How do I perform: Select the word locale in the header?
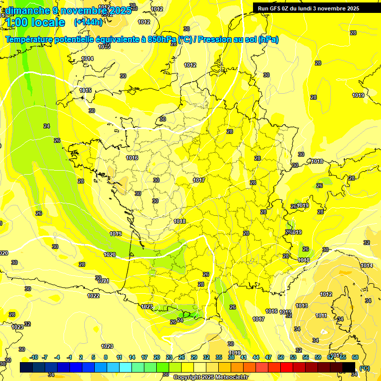pyautogui.click(x=48, y=22)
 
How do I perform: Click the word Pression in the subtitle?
pyautogui.click(x=215, y=40)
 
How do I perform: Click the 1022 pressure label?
pyautogui.click(x=93, y=296)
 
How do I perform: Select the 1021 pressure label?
pyautogui.click(x=103, y=281)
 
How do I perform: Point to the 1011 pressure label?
pyautogui.click(x=321, y=316)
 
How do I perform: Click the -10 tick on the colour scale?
pyautogui.click(x=34, y=357)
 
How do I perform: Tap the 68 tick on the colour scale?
pyautogui.click(x=355, y=357)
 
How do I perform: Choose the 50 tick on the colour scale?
pyautogui.click(x=281, y=357)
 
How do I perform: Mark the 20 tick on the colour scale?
pyautogui.click(x=157, y=357)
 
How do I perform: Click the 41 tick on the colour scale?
pyautogui.click(x=244, y=357)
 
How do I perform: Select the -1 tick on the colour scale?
pyautogui.click(x=70, y=357)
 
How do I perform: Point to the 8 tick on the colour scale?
pyautogui.click(x=106, y=357)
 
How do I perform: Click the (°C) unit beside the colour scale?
pyautogui.click(x=365, y=368)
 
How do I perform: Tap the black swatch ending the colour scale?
pyautogui.click(x=349, y=367)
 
